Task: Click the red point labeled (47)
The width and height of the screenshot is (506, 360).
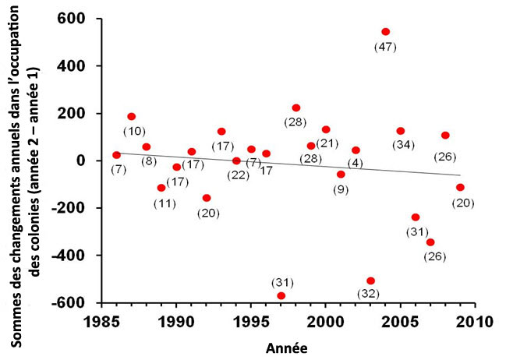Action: click(x=385, y=32)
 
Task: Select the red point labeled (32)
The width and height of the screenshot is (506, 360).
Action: click(x=370, y=281)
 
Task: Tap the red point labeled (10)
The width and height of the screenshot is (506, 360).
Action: click(x=131, y=116)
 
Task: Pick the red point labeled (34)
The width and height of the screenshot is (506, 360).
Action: click(x=401, y=131)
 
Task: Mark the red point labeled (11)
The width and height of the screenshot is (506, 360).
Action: click(x=161, y=188)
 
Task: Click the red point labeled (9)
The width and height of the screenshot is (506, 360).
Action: click(x=341, y=174)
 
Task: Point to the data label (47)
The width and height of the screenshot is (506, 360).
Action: click(x=385, y=47)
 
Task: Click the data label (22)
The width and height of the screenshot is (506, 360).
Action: click(x=239, y=174)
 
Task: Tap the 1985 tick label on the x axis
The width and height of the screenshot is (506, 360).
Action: click(x=101, y=321)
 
